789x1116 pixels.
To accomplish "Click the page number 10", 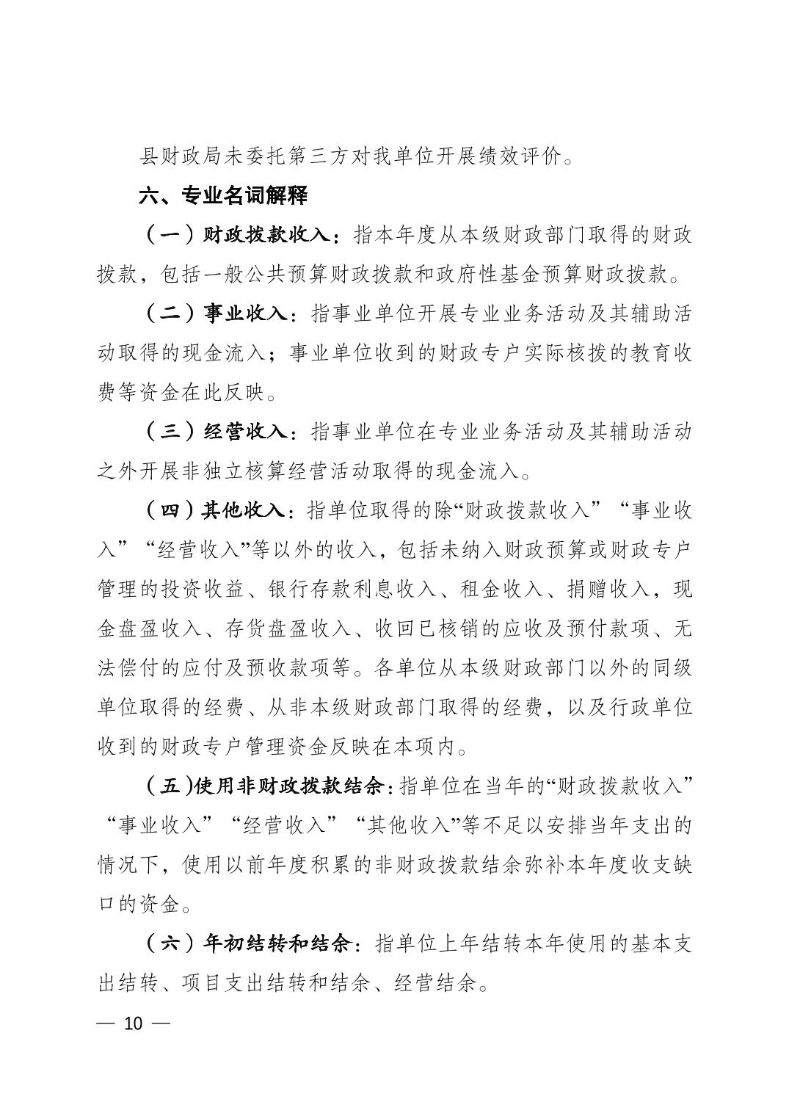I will pos(133,1023).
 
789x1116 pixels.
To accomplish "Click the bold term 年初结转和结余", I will pos(280,943).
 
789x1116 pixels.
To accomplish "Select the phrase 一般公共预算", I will pos(239,275).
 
